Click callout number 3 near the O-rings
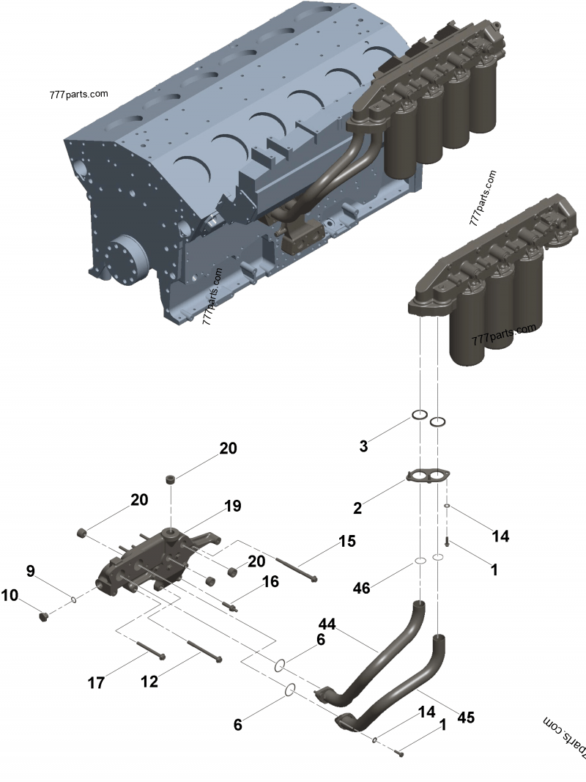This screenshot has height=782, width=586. coord(363,446)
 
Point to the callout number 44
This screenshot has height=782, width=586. coord(327,624)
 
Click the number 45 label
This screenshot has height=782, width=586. coord(465,717)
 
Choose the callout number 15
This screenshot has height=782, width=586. coord(346,542)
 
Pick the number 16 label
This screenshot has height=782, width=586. coord(270,581)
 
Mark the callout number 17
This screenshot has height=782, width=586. coord(96,683)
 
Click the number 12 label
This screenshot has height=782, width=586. coord(149,682)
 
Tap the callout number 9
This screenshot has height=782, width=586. coord(30,570)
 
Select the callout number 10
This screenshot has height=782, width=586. coord(10,596)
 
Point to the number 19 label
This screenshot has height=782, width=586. coord(232,506)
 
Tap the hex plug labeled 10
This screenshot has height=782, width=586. coord(43,616)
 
